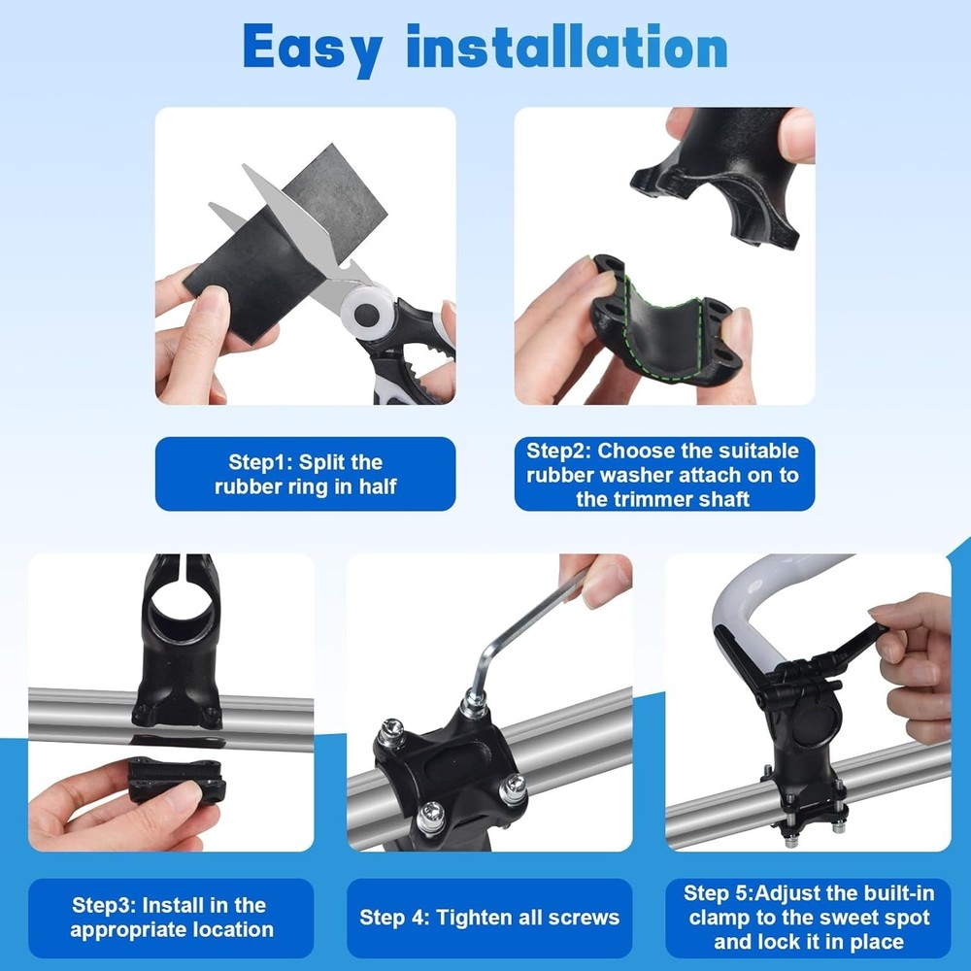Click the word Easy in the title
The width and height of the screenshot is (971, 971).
[313, 47]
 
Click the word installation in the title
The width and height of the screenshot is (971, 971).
[567, 47]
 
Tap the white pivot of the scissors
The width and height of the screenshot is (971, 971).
[370, 313]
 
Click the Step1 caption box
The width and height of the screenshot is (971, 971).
[305, 474]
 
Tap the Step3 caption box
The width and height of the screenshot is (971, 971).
[171, 918]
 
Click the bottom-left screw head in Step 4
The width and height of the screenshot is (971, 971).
[431, 817]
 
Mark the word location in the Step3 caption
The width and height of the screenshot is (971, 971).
[237, 930]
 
